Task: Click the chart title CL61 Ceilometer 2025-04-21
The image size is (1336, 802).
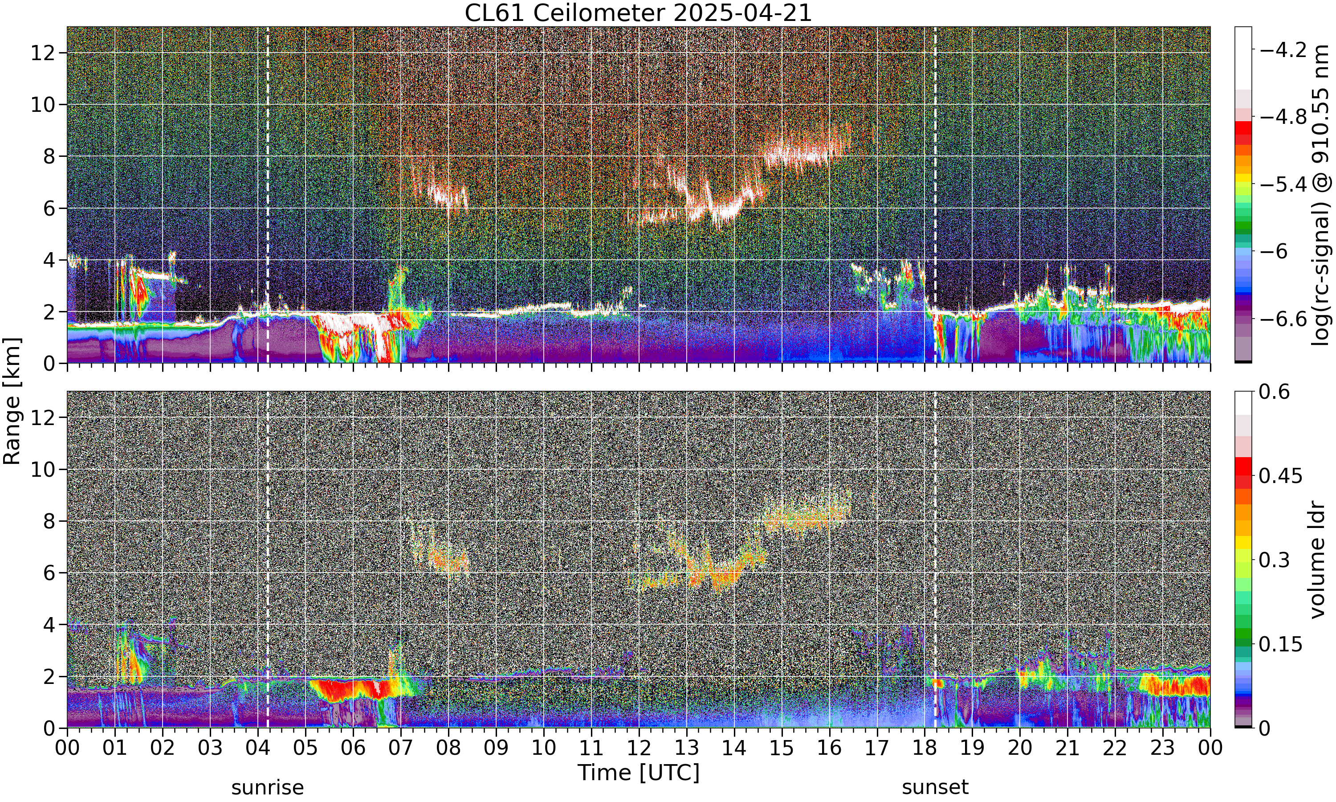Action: pyautogui.click(x=638, y=13)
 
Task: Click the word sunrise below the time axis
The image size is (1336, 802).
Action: pyautogui.click(x=267, y=787)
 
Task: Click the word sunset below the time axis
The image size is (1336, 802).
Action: pyautogui.click(x=935, y=787)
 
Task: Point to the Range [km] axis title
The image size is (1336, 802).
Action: pyautogui.click(x=12, y=401)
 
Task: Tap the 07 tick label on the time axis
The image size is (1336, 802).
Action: pyautogui.click(x=401, y=748)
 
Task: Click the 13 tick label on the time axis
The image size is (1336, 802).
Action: pyautogui.click(x=686, y=748)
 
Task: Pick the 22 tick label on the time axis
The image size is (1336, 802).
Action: pyautogui.click(x=1115, y=748)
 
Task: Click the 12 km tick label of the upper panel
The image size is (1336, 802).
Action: pyautogui.click(x=42, y=53)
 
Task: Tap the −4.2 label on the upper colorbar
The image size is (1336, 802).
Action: pyautogui.click(x=1283, y=50)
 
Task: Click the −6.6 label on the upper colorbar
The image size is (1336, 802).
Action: pyautogui.click(x=1283, y=319)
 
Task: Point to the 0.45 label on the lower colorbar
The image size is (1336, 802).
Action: pyautogui.click(x=1280, y=476)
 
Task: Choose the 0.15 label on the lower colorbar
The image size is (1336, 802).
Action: pyautogui.click(x=1280, y=644)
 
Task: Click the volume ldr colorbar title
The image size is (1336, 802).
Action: pyautogui.click(x=1318, y=560)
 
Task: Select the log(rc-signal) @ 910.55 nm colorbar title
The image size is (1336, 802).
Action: pyautogui.click(x=1321, y=195)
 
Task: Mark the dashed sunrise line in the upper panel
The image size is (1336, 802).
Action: pyautogui.click(x=268, y=195)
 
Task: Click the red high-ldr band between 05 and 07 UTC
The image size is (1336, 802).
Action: pyautogui.click(x=351, y=690)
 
